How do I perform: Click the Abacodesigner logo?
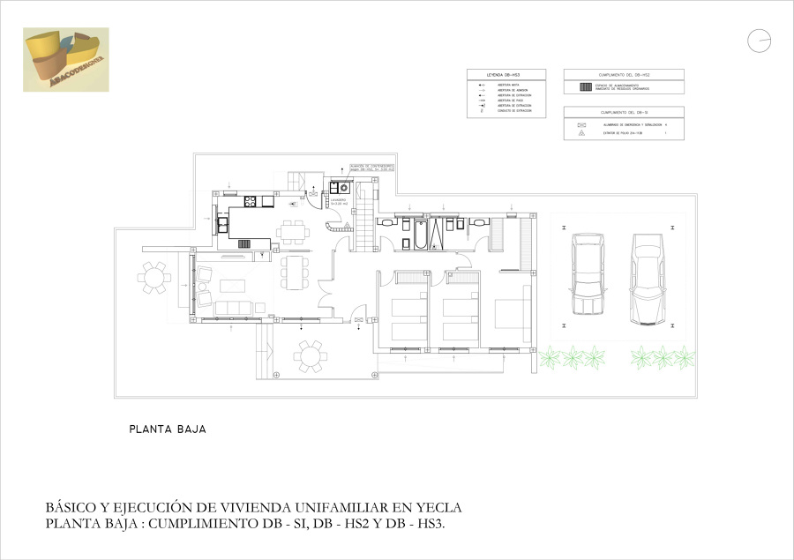click(66, 59)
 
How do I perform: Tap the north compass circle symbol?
click(759, 41)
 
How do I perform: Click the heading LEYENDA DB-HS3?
click(506, 74)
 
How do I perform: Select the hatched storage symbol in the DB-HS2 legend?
click(583, 87)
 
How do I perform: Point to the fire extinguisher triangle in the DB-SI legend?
click(581, 133)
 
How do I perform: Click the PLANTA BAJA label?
click(168, 430)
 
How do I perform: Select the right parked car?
click(647, 278)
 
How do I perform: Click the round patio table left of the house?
click(155, 277)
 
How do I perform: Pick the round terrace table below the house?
click(310, 356)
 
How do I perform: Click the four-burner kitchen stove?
click(251, 202)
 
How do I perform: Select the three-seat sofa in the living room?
click(233, 307)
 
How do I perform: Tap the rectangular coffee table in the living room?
click(232, 285)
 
